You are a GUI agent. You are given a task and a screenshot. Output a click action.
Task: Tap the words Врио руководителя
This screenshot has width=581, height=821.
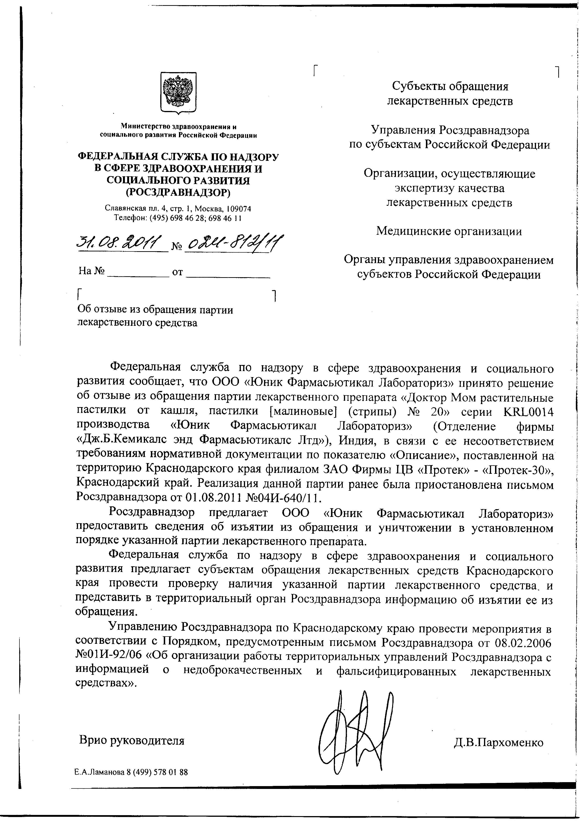click(132, 740)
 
